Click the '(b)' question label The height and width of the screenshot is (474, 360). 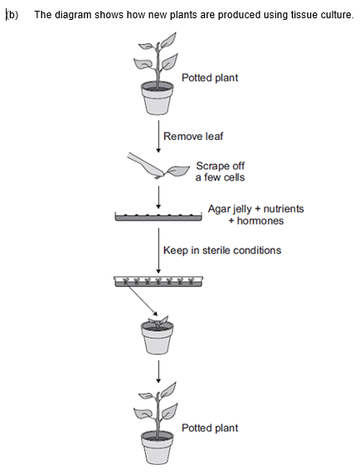(12, 15)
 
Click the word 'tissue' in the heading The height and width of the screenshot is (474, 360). (304, 15)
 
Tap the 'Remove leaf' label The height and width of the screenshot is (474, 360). (193, 137)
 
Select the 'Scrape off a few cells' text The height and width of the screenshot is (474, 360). (221, 172)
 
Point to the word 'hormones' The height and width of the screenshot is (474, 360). (260, 220)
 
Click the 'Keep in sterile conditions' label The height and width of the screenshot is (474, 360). (222, 250)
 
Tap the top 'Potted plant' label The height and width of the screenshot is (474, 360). (210, 78)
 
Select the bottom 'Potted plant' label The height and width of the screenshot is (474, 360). (210, 428)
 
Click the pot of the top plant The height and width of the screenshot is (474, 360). (158, 99)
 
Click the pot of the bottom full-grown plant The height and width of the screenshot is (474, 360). (158, 448)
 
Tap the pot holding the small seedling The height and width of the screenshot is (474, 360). (158, 337)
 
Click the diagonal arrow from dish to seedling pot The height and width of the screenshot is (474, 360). (143, 301)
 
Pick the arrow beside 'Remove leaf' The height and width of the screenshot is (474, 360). (158, 137)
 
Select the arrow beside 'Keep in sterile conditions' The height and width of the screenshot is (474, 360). (158, 251)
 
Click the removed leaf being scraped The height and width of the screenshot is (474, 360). (178, 171)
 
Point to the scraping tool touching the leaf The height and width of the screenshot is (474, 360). (145, 165)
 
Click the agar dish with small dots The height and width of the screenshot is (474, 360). (158, 217)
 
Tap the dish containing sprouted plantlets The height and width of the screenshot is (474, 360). (158, 281)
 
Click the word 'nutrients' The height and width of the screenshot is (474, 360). (284, 209)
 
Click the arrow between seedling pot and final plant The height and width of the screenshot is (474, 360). (158, 372)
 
